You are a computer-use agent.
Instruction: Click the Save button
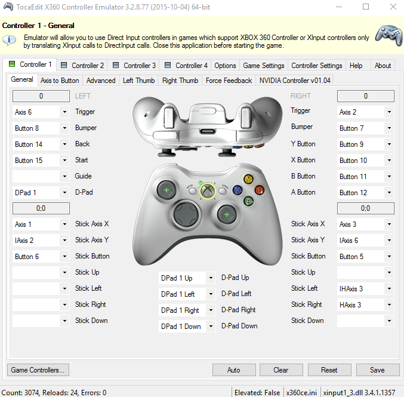click(x=378, y=370)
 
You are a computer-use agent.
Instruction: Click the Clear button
click(x=281, y=370)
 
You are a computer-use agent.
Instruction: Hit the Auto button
click(x=234, y=370)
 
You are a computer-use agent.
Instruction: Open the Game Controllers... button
click(x=38, y=370)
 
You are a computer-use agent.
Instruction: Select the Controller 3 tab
click(x=134, y=66)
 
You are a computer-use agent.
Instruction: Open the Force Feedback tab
click(x=229, y=81)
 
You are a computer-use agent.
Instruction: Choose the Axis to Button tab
click(x=60, y=81)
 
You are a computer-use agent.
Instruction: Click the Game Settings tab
click(x=264, y=66)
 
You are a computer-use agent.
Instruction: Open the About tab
click(x=383, y=66)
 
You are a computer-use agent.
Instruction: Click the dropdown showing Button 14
click(x=41, y=144)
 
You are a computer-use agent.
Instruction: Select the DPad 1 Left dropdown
click(x=187, y=294)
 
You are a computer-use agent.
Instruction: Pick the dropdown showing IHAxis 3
click(x=366, y=289)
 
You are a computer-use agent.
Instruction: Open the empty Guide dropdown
click(x=41, y=176)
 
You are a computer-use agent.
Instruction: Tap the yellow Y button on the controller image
click(x=248, y=179)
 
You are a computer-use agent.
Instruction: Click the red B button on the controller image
click(x=260, y=190)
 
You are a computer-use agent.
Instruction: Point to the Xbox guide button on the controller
click(x=208, y=191)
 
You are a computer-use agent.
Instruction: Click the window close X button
click(x=393, y=7)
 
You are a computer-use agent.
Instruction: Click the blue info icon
click(x=10, y=40)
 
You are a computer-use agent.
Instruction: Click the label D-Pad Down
click(x=239, y=326)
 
